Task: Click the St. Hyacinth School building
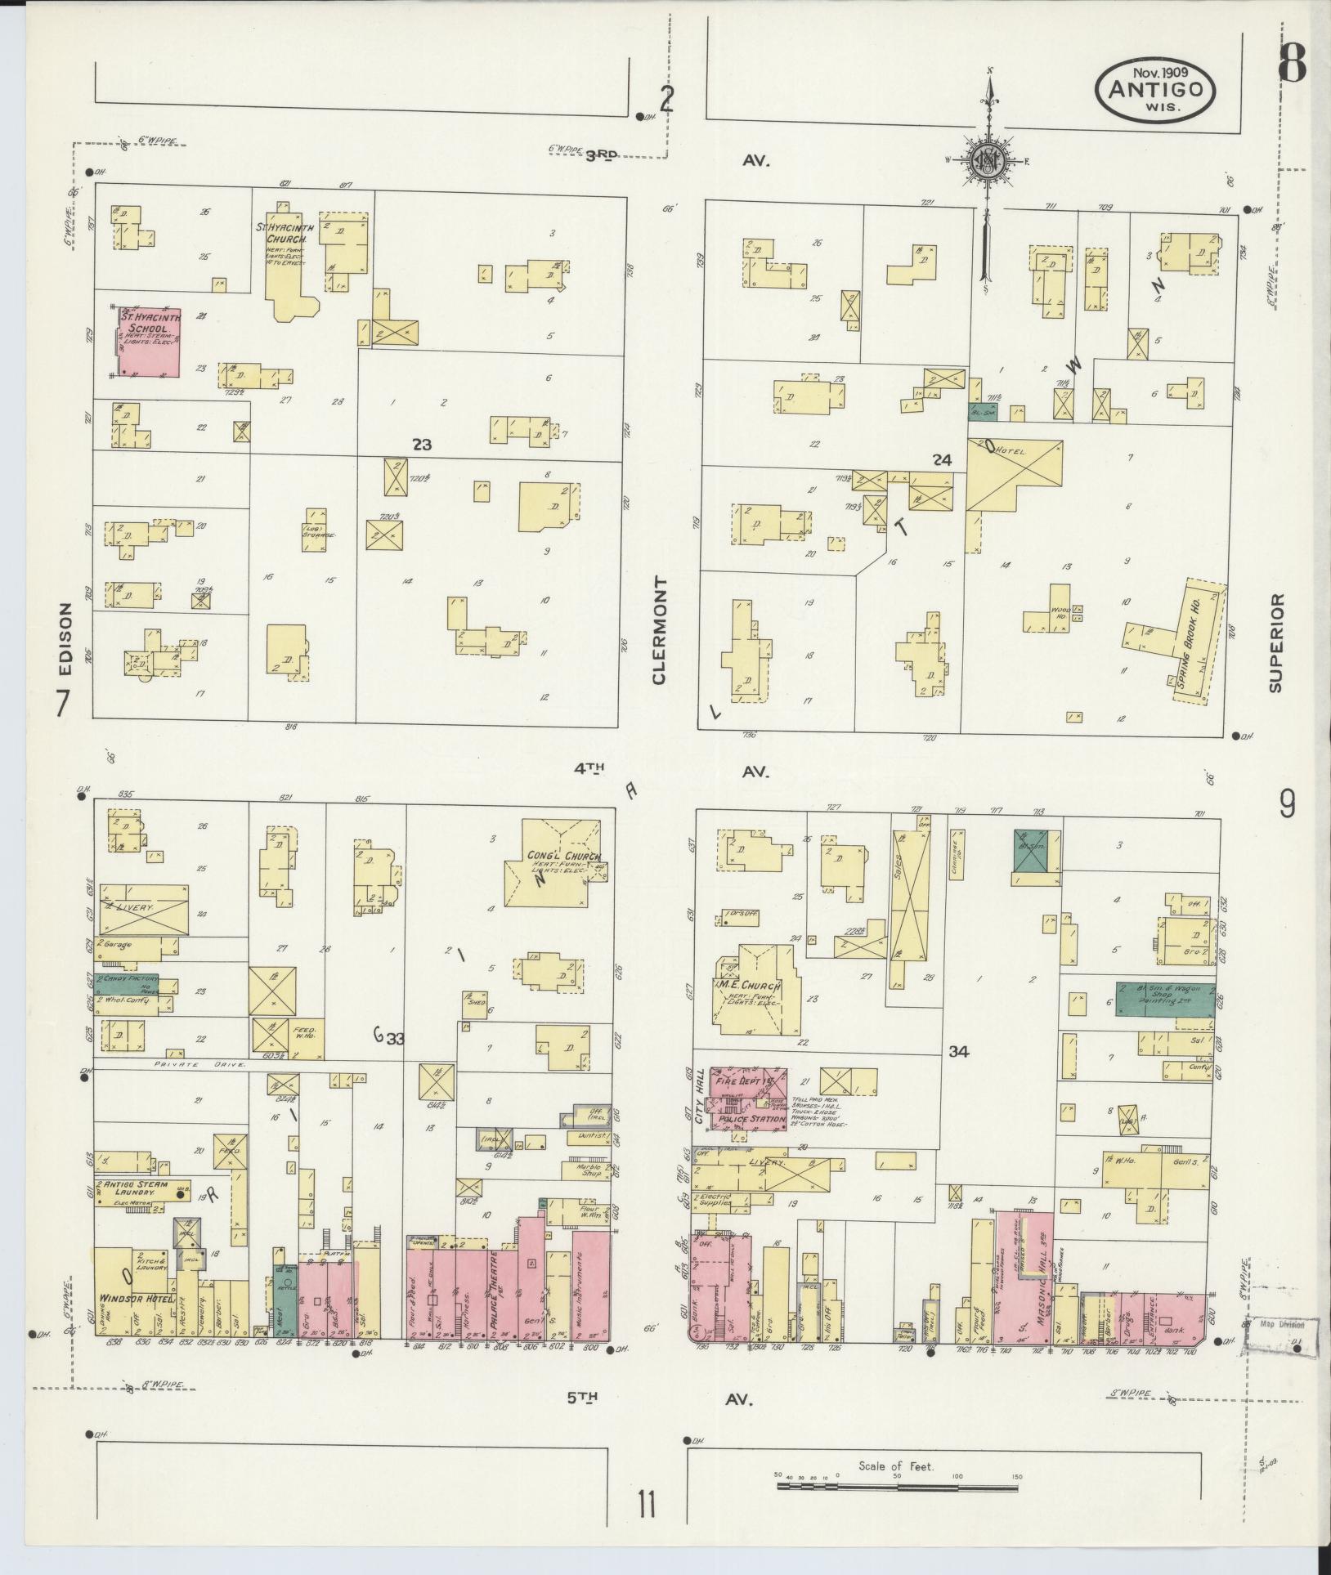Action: coord(150,342)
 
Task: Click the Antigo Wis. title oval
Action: coord(1155,89)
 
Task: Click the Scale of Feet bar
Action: coord(897,1485)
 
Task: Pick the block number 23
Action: coord(422,445)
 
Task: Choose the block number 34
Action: coord(958,1053)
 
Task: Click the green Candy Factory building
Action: coord(128,985)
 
